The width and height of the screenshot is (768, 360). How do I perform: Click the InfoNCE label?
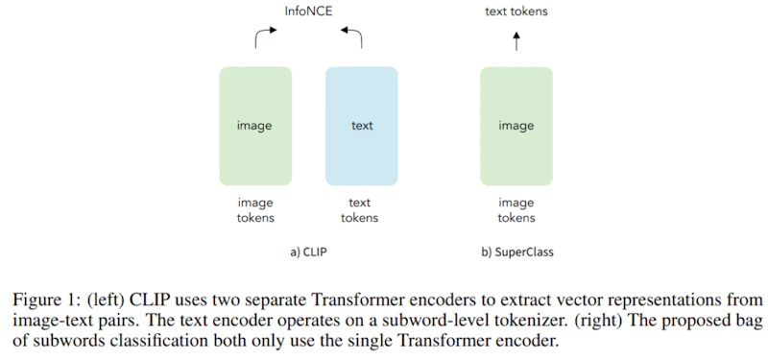point(308,12)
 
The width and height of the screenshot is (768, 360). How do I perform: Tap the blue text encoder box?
point(362,127)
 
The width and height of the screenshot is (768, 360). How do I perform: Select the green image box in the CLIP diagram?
point(255,127)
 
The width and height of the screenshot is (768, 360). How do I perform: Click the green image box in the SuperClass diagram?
point(516,127)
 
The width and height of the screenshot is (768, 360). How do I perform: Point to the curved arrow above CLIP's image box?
point(262,34)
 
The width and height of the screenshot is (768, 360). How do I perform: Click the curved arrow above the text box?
point(355,34)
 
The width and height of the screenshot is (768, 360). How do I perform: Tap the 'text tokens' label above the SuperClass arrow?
point(516,12)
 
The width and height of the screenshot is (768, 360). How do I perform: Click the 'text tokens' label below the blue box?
point(359,210)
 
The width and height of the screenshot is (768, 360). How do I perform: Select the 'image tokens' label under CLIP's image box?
point(255,210)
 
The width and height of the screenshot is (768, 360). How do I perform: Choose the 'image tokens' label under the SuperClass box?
point(516,210)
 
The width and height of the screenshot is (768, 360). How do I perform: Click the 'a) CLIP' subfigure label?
point(308,252)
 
